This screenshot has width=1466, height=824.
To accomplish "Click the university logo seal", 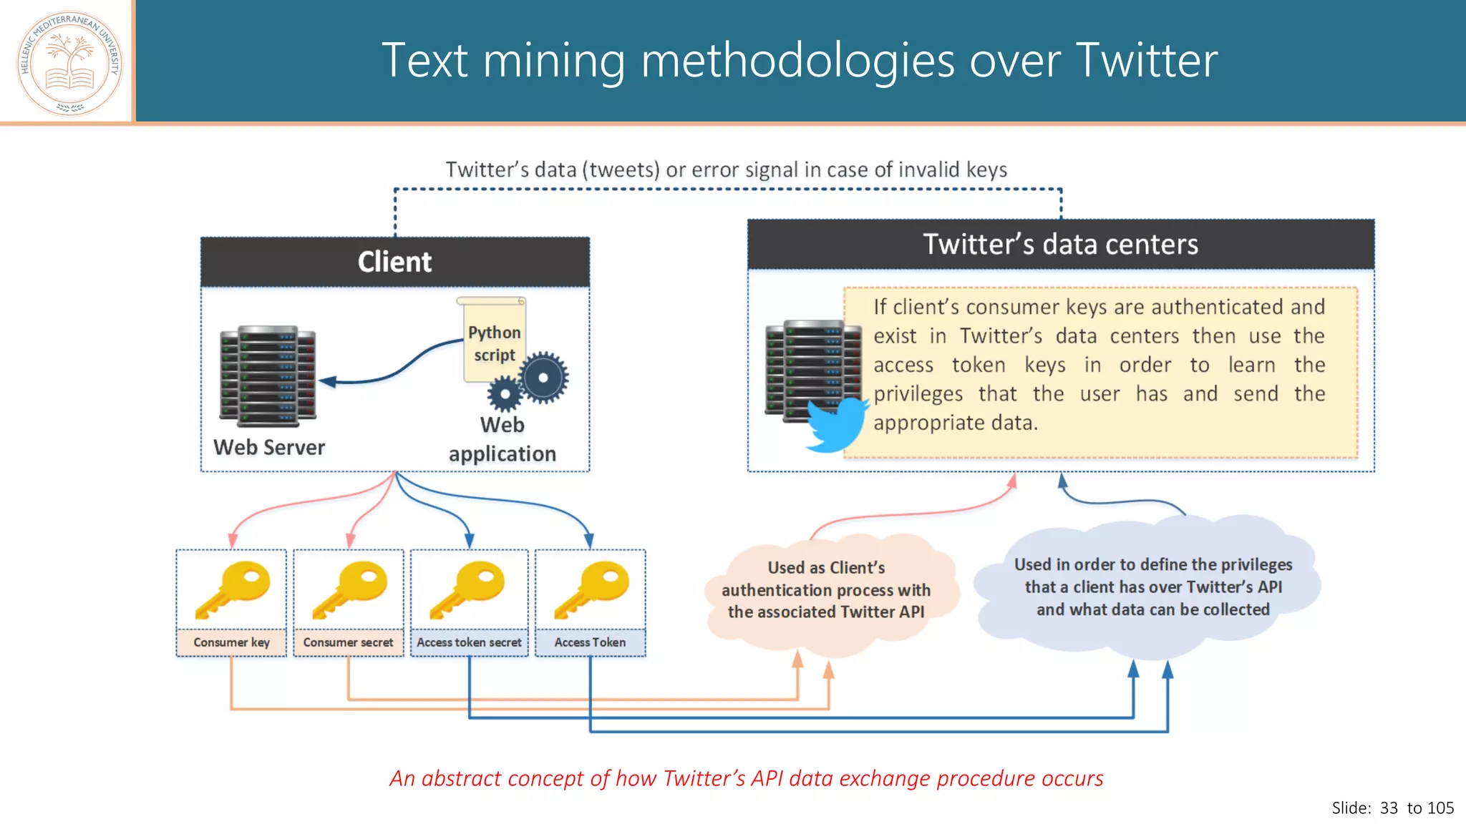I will pos(69,63).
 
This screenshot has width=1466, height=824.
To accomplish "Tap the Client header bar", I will pos(395,262).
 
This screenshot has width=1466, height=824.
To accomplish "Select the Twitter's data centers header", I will pos(1060,245).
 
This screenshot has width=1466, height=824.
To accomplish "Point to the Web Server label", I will pos(269,448).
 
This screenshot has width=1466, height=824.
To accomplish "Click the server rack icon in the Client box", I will pos(268,376).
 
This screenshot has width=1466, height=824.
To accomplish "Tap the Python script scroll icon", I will pos(493,340).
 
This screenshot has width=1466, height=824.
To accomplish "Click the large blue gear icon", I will pos(543,378).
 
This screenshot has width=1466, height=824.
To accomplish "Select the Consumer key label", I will pos(231,642).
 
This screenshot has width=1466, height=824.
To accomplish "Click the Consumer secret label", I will pos(348,642).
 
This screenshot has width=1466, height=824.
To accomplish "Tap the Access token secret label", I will pos(469,642).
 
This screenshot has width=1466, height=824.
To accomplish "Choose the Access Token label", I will pos(590,642).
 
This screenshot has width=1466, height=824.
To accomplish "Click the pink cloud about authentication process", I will pos(826,590).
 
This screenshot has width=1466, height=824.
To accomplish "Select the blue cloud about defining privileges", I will pos(1152,587).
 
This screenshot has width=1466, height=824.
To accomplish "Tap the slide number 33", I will pos(1389,808).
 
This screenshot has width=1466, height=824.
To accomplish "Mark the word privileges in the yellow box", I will pos(918,394).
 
